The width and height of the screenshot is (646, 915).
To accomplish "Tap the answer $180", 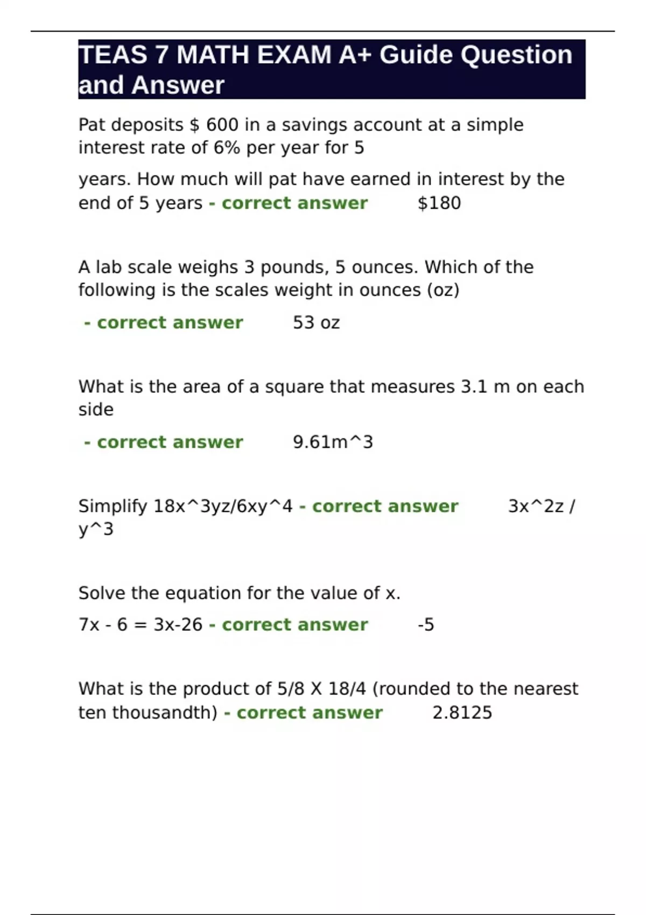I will point(439,203).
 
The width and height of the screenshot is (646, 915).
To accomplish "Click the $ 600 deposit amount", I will point(214,125).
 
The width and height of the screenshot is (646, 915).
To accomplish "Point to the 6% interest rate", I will point(227,147).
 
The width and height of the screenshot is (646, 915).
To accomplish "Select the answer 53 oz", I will point(316,322).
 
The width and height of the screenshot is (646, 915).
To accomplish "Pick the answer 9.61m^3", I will point(333,442).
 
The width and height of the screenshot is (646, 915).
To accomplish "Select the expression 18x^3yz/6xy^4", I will point(223,506).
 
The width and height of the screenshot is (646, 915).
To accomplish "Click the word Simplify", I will point(113,506).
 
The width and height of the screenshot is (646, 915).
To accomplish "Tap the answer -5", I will point(426,624).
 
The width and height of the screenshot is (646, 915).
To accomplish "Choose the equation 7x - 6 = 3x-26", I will point(140,624).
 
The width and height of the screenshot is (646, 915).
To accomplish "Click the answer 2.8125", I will point(462,713).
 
